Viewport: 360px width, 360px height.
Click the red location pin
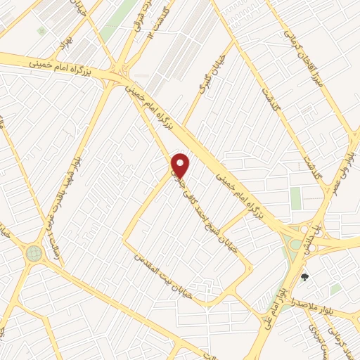[181, 165]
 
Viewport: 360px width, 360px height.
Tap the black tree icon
[304, 277]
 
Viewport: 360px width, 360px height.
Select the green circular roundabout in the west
[34, 253]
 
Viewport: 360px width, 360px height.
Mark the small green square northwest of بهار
[41, 31]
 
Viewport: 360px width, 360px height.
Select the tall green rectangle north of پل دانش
[295, 198]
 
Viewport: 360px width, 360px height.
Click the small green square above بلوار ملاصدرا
[336, 288]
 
